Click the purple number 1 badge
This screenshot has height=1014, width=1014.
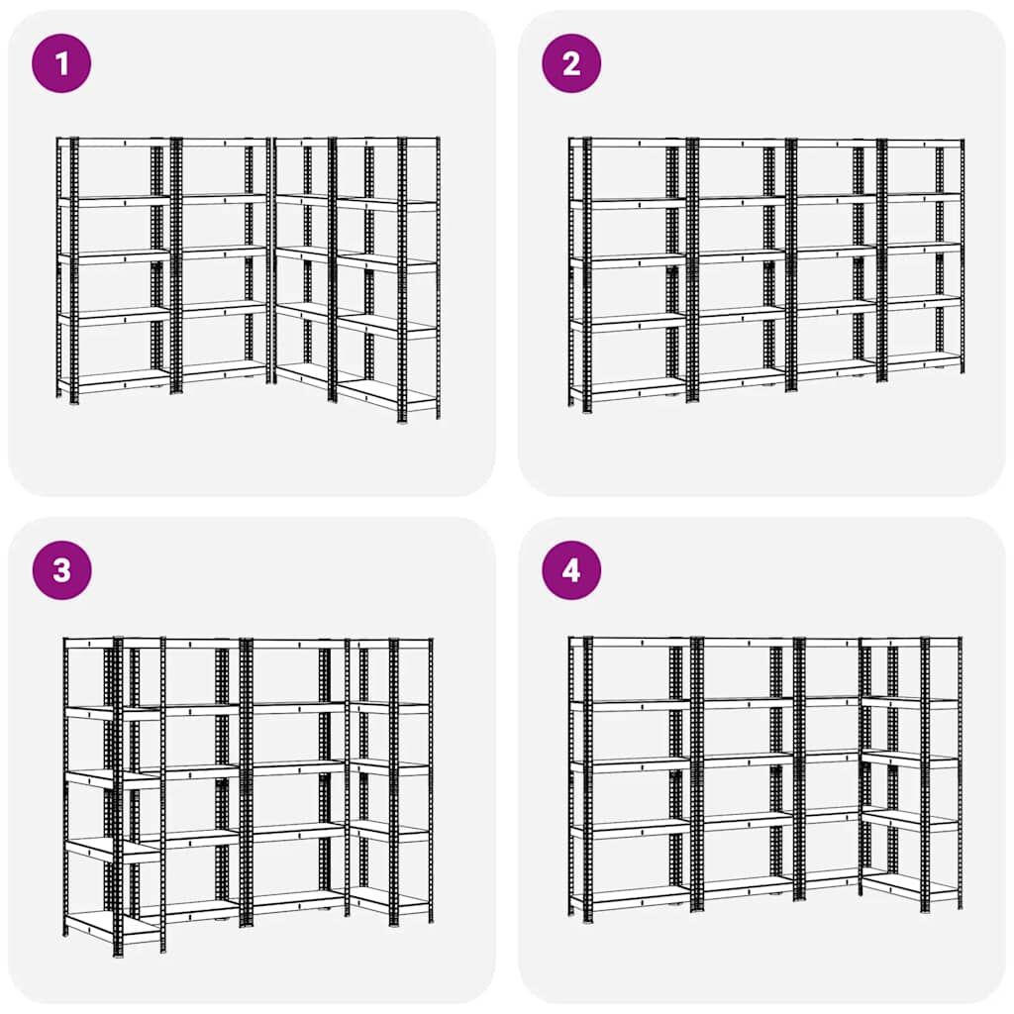pos(61,63)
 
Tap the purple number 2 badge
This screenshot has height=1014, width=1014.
pos(571,63)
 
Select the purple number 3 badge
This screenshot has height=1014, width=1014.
pos(61,570)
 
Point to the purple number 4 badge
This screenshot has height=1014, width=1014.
pos(571,570)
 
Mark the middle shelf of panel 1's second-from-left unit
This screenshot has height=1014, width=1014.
pos(220,253)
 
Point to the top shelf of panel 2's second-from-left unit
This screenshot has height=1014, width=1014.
pos(737,143)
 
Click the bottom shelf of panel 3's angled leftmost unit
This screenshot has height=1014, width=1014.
pos(113,924)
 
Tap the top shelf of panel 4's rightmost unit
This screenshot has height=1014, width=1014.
pos(911,642)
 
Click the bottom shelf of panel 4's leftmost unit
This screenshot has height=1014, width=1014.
pos(631,895)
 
